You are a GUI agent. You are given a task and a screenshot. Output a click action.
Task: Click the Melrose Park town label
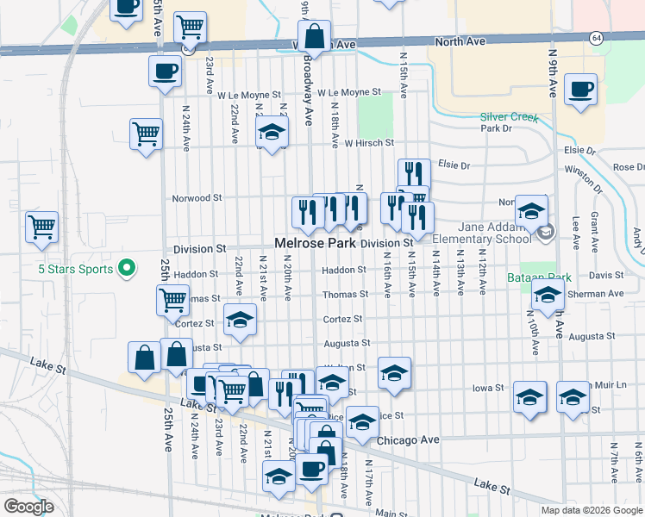[315, 244]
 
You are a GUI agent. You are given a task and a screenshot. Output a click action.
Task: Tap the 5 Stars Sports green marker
[126, 269]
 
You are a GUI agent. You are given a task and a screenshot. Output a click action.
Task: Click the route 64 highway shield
[596, 38]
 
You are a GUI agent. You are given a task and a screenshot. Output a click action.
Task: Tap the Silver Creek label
[509, 116]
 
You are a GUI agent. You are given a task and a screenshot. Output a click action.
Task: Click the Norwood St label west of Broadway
[197, 197]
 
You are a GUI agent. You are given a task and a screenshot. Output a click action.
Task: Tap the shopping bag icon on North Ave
[315, 37]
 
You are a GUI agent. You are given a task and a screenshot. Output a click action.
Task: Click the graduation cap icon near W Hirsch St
[272, 132]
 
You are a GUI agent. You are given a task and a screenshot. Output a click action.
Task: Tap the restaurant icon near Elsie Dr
[413, 174]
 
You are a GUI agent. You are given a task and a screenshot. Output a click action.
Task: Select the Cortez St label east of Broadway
[342, 319]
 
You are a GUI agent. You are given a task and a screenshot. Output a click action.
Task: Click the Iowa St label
[488, 388]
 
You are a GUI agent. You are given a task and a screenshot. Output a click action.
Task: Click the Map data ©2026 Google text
[591, 509]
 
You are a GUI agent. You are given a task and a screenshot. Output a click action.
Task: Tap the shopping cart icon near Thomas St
[173, 301]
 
